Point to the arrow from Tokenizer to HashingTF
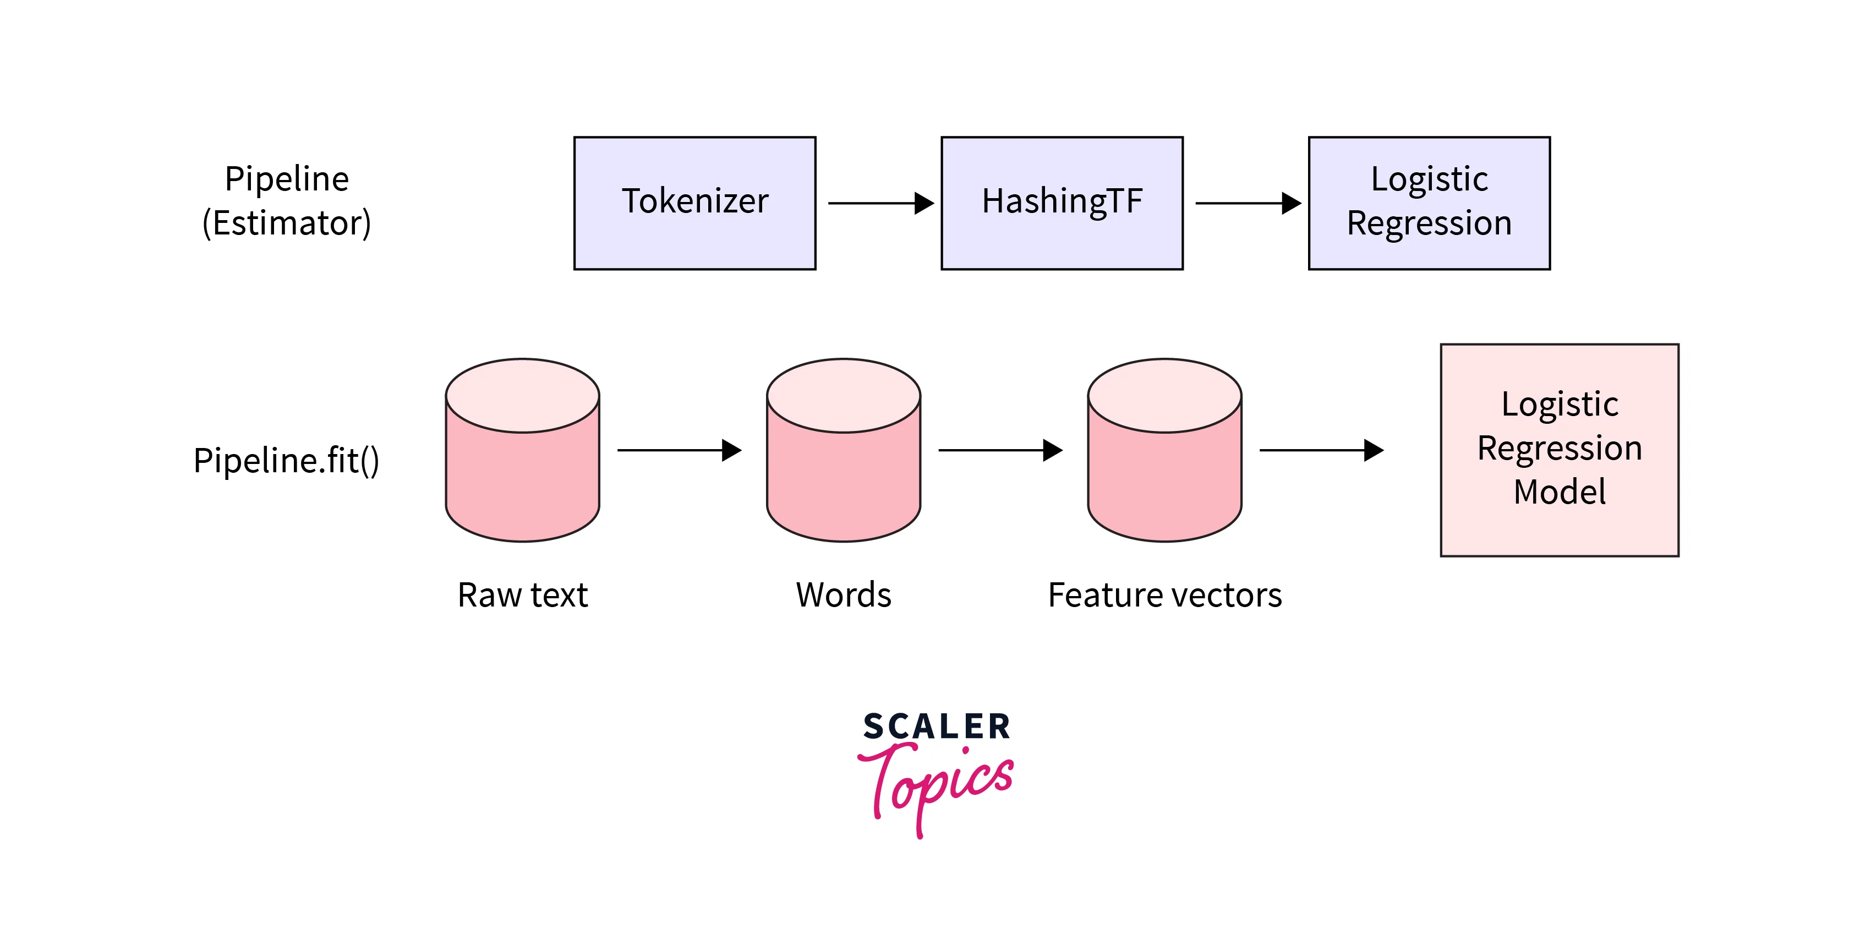pyautogui.click(x=879, y=204)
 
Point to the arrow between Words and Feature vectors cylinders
pyautogui.click(x=999, y=450)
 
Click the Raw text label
pyautogui.click(x=522, y=595)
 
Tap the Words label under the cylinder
pyautogui.click(x=843, y=595)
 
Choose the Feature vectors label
pyautogui.click(x=1164, y=595)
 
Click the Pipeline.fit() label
pyautogui.click(x=286, y=461)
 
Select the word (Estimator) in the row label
pyautogui.click(x=286, y=222)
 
